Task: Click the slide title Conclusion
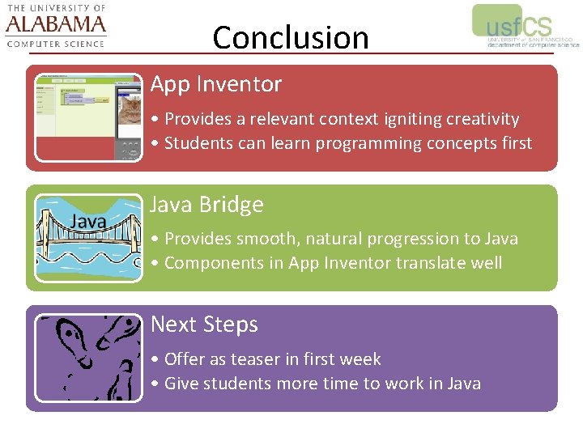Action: (x=290, y=37)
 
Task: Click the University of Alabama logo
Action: (x=56, y=26)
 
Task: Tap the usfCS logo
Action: (x=524, y=27)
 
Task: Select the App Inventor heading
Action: (x=216, y=84)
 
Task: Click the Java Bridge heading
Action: (x=207, y=205)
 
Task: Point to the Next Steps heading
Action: (x=204, y=325)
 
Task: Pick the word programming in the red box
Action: (x=364, y=144)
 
